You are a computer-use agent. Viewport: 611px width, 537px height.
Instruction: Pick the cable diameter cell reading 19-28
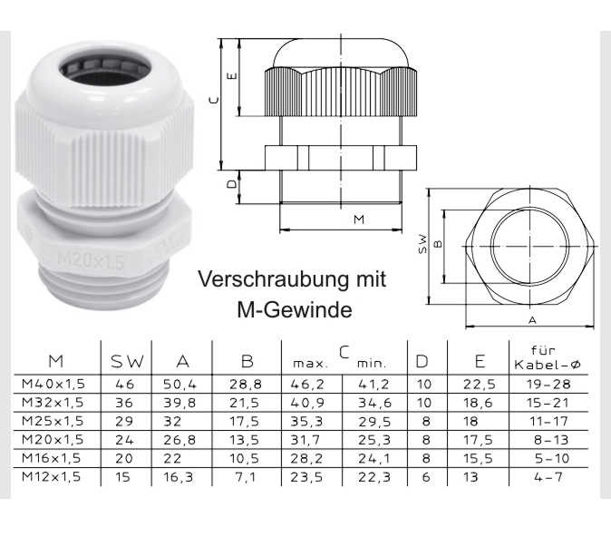click(551, 385)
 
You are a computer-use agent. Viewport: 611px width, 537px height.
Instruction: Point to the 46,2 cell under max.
click(309, 385)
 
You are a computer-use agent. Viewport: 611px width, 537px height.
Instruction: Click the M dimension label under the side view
click(358, 220)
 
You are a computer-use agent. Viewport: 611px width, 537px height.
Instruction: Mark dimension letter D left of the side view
click(233, 183)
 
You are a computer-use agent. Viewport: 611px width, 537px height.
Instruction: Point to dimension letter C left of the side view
click(210, 102)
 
